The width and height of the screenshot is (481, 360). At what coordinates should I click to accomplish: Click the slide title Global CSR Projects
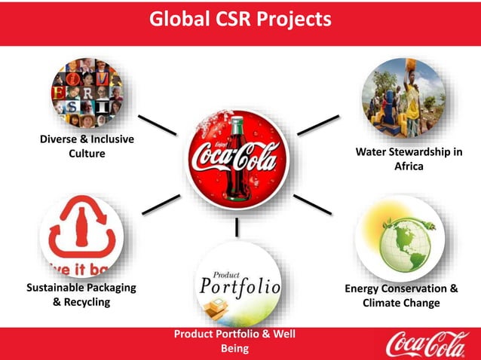point(240,18)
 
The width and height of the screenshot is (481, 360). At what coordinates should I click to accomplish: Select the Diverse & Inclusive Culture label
point(86,147)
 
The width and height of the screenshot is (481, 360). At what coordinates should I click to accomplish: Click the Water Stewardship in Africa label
point(409,160)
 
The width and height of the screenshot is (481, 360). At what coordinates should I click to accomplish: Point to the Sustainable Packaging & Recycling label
point(81,294)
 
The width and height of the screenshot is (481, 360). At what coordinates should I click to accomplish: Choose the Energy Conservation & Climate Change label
point(400,295)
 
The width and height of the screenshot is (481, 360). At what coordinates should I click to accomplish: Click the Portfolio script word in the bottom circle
point(240,288)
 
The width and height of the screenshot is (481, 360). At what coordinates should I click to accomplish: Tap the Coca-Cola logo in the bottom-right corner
point(427,344)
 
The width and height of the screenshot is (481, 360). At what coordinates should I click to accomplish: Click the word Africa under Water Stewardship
point(409,166)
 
